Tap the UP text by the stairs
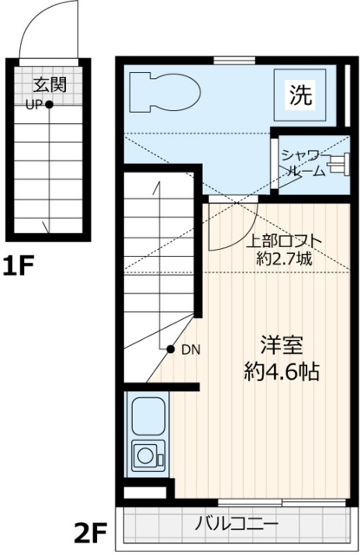[34, 105]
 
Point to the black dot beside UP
[49, 105]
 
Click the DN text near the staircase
[191, 349]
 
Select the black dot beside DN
[172, 349]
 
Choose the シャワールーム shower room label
[304, 162]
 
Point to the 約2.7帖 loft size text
[285, 258]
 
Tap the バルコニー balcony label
[236, 525]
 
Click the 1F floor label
[17, 265]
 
